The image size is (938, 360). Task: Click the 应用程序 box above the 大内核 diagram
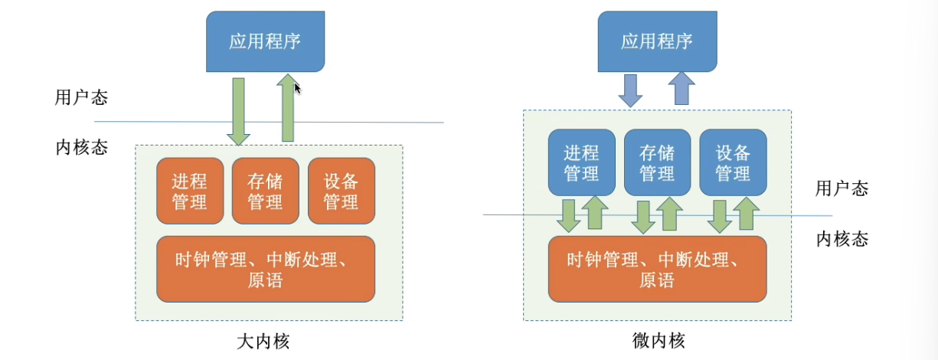click(x=265, y=41)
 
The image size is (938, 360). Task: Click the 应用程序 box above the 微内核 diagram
click(x=657, y=41)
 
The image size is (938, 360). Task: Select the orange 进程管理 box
click(x=190, y=191)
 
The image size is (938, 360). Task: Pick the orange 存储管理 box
click(x=265, y=191)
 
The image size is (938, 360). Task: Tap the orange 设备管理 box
click(x=341, y=191)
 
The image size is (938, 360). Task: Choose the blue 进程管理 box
click(x=581, y=162)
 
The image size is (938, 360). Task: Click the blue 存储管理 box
click(x=657, y=162)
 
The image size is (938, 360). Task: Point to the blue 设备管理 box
click(x=733, y=162)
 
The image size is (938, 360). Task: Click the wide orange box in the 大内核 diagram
click(x=265, y=269)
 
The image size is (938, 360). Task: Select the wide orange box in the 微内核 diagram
click(x=657, y=269)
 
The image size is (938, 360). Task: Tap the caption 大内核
click(x=264, y=341)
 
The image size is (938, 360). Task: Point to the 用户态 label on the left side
click(x=81, y=98)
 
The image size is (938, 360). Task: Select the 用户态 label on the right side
click(x=842, y=188)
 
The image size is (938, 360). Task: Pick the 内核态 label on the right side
click(x=842, y=239)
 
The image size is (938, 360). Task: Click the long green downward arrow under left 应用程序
click(x=239, y=111)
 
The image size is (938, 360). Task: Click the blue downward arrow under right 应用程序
click(x=631, y=90)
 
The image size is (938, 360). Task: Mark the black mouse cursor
click(x=298, y=89)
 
